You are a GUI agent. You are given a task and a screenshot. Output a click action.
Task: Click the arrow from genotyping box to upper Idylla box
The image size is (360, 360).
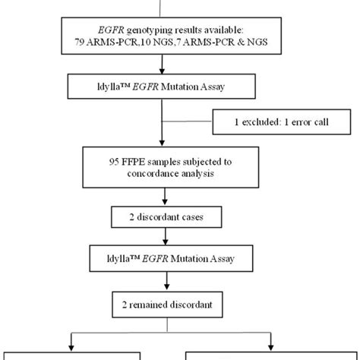(162, 66)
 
